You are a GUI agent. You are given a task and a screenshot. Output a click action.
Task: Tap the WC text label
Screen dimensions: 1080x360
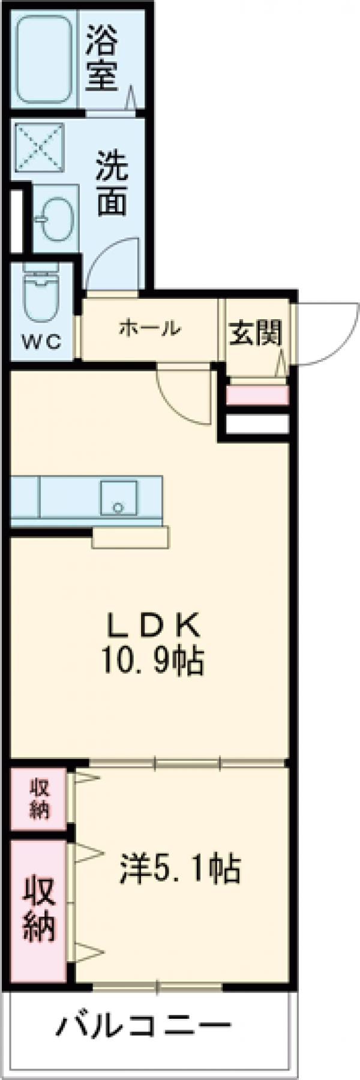coord(41,343)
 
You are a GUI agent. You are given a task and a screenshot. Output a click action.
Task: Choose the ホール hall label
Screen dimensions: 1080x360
coord(149,328)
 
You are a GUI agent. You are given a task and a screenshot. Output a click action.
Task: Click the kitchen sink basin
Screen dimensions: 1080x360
coord(119,497)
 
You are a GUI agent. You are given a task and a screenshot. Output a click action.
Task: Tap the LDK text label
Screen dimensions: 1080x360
coord(152,627)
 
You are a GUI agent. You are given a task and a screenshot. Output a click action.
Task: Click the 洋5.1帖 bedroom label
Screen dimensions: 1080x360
coord(180,868)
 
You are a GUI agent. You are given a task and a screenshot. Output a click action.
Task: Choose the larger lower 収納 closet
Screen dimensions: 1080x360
coord(39,909)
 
